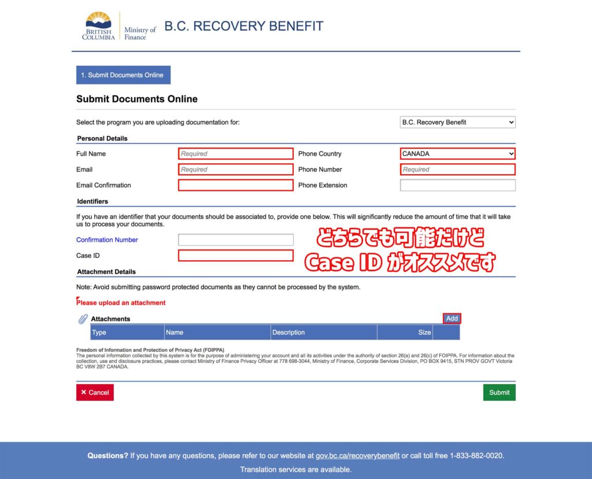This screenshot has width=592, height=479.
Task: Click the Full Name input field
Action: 235,154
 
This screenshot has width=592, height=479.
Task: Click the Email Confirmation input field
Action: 235,185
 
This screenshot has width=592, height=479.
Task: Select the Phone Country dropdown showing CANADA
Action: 457,154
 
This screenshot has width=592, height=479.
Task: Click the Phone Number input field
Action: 457,170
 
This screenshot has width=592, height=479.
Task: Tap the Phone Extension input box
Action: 457,185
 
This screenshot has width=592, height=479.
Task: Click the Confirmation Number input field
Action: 235,239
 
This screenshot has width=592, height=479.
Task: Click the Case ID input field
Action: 235,256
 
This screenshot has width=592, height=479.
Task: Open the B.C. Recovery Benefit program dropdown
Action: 457,122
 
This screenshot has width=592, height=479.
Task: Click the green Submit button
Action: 499,392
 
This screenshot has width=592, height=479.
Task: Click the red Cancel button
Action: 95,392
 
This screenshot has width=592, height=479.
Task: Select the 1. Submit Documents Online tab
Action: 123,75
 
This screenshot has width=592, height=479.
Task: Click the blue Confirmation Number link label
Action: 107,239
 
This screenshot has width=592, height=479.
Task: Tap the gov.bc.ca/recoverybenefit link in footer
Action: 357,456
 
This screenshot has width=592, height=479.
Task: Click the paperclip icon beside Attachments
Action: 83,319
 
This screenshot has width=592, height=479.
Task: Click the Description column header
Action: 288,333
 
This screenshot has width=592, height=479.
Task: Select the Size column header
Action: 424,333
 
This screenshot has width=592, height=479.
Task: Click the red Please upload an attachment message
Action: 121,303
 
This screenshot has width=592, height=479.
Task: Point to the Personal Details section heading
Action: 102,138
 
